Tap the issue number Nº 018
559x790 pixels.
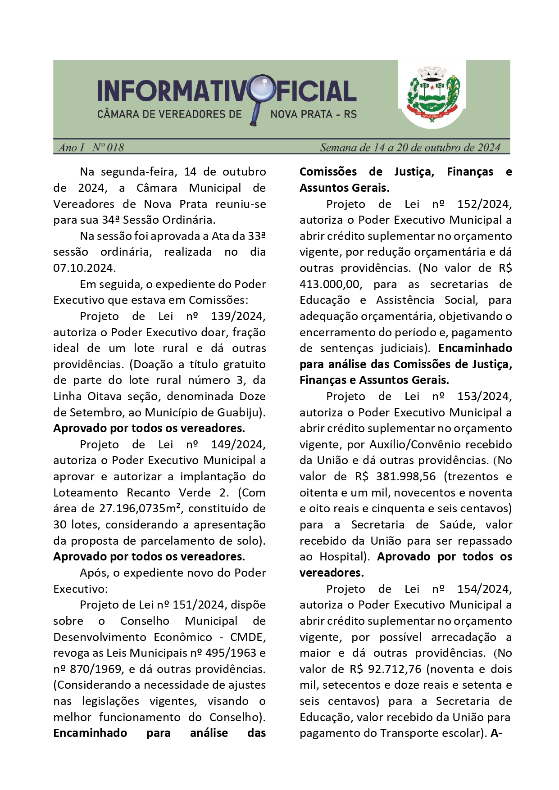coord(108,148)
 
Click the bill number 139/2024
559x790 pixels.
coord(238,316)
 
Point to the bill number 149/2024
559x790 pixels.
coord(238,444)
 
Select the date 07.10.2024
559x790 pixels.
coord(84,268)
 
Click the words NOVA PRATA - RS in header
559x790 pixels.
coord(314,114)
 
